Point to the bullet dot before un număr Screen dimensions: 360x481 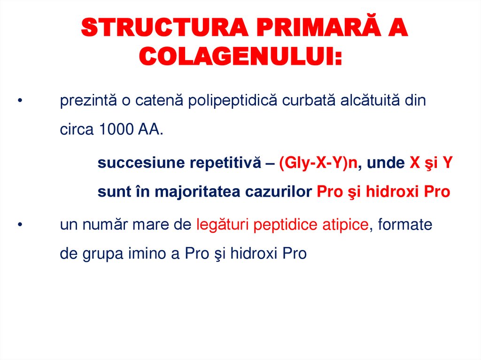click(20, 225)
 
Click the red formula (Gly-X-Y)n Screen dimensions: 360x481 click(318, 163)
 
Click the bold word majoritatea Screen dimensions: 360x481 click(197, 192)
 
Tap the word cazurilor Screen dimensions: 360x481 click(276, 192)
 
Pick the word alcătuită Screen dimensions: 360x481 click(371, 101)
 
